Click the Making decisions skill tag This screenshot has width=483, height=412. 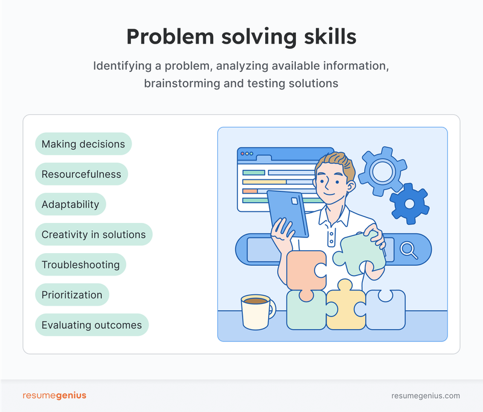(x=83, y=144)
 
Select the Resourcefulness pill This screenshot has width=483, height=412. (x=82, y=174)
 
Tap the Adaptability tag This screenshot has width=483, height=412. (x=71, y=204)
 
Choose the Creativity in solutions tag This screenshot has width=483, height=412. (x=94, y=234)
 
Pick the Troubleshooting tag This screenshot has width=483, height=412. (x=81, y=265)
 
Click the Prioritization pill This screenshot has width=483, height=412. (x=72, y=295)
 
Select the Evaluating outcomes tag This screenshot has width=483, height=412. (x=92, y=325)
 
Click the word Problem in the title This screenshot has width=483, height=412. (x=170, y=37)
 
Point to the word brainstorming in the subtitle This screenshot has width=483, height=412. (x=182, y=83)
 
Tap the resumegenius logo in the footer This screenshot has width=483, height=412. (x=54, y=395)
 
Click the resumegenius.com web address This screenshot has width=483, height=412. (x=426, y=396)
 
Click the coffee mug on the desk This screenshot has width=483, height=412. (x=258, y=312)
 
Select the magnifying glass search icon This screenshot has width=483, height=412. (x=409, y=250)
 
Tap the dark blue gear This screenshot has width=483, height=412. (x=409, y=204)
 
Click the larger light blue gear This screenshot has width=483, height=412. (x=382, y=172)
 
